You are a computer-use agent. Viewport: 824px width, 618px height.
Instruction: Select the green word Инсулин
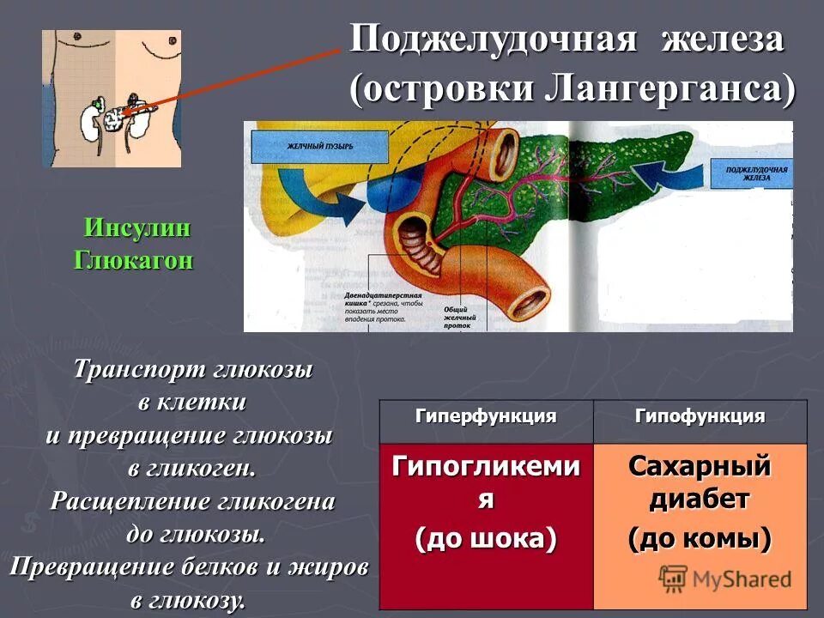coord(136,230)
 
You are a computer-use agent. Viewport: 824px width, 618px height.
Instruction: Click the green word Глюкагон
coord(134,260)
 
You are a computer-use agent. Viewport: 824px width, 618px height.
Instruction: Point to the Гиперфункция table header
coord(486,417)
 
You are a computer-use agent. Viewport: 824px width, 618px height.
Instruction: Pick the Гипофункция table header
coord(700,417)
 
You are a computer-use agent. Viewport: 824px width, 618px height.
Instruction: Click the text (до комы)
coord(700,539)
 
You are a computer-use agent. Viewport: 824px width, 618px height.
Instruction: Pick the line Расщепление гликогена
coord(192,501)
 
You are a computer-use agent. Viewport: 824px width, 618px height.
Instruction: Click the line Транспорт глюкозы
coord(192,370)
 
